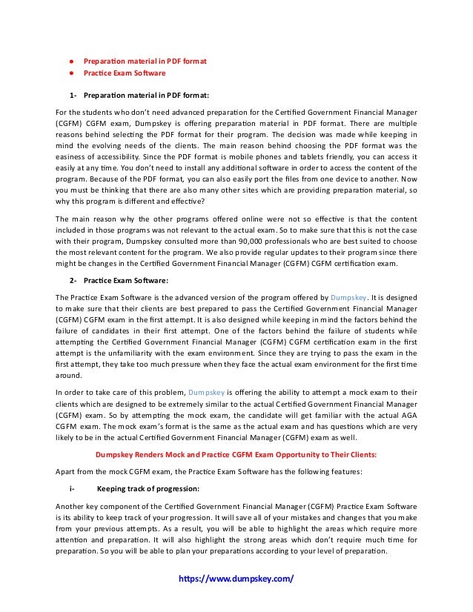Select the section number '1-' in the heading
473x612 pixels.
73,95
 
